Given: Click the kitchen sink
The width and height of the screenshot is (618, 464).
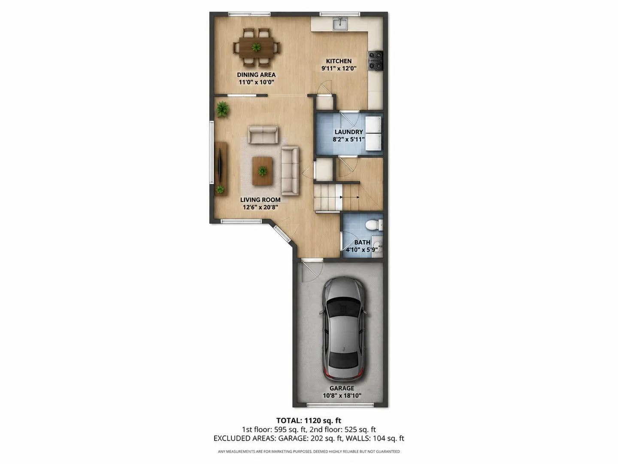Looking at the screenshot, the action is click(340, 24).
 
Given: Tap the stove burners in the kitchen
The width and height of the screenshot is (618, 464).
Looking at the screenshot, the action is click(376, 60).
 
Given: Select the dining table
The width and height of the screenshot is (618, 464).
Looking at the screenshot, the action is click(256, 48).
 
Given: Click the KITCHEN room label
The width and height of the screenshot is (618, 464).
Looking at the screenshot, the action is click(339, 61).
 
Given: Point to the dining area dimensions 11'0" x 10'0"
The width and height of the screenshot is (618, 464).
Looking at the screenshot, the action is click(256, 82).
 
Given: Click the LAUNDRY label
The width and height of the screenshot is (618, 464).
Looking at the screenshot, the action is click(348, 132).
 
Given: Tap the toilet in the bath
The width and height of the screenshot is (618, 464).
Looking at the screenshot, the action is click(374, 225).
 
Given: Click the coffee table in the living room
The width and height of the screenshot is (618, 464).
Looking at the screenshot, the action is click(262, 171).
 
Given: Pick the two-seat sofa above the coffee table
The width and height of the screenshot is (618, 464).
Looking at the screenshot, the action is click(263, 135).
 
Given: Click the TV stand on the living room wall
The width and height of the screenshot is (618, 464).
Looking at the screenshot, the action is click(221, 168).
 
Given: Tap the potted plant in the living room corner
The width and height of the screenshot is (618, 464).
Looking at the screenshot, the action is click(222, 109).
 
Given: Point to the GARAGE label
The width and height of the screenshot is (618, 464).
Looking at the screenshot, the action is click(342, 388).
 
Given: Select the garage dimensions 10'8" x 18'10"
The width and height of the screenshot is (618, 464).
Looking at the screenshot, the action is click(342, 396).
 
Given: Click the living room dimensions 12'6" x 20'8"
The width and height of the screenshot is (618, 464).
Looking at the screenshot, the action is click(261, 208).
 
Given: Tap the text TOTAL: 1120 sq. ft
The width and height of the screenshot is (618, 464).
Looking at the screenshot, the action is click(309, 421).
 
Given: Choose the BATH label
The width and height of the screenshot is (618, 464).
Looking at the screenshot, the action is click(362, 242).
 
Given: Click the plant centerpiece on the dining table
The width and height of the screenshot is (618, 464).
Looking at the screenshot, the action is click(256, 47).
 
